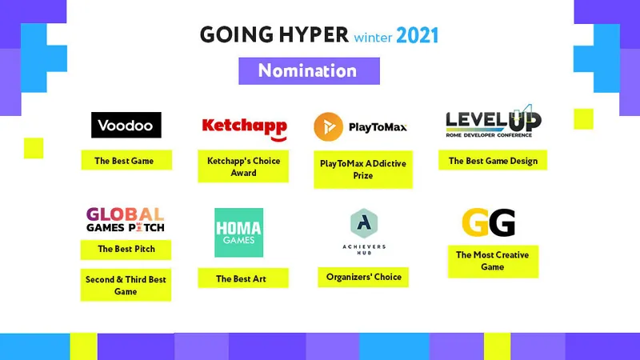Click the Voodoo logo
[126, 125]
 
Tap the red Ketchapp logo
[245, 129]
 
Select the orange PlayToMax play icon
[328, 127]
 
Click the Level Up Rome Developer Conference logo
[494, 122]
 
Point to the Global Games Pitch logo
[126, 219]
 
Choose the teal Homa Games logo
[238, 233]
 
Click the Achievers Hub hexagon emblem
[364, 223]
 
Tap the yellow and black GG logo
[489, 222]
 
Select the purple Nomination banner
[309, 71]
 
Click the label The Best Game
[126, 160]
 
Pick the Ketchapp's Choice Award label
[243, 166]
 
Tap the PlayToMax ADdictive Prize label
[363, 170]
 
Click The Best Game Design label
[493, 160]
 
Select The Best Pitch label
[126, 250]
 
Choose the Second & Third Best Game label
[126, 285]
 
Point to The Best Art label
[243, 278]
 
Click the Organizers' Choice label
[363, 277]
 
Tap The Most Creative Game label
[493, 262]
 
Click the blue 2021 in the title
[417, 35]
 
